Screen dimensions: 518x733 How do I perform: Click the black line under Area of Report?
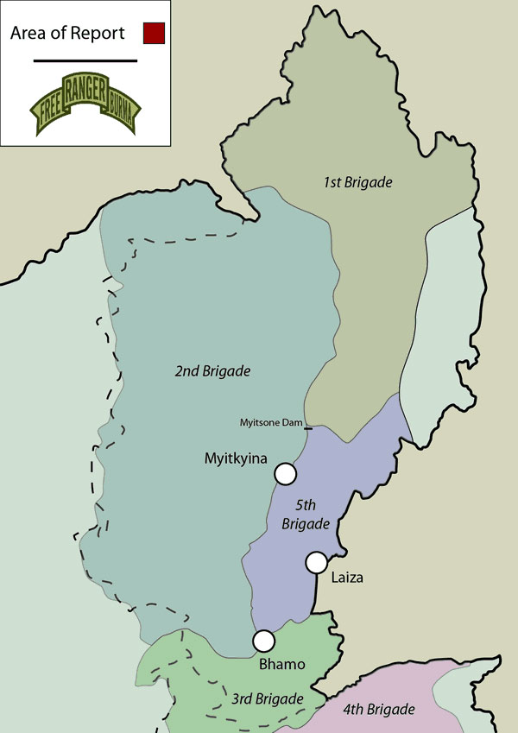coord(85,60)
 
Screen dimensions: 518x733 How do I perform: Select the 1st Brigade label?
coord(358,183)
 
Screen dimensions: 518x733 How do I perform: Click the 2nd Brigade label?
coord(212,371)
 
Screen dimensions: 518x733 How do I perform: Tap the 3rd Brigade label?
coord(268,698)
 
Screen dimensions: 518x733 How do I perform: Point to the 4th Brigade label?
coord(380,711)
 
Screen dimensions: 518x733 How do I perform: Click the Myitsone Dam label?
coord(271,422)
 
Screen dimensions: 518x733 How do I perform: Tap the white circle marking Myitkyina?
coord(285,473)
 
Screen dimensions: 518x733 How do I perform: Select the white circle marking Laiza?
coord(316,562)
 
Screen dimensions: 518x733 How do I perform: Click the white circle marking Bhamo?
coord(263,641)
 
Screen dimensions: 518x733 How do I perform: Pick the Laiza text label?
coord(347,578)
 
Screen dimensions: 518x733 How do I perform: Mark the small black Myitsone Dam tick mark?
coord(308,426)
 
